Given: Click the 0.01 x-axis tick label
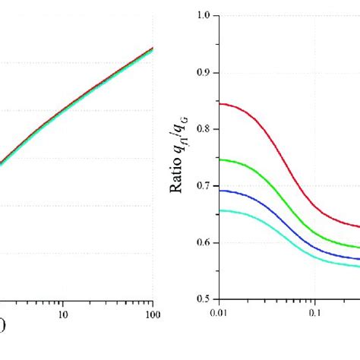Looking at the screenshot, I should click(x=219, y=312).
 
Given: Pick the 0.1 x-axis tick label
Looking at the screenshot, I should click(x=314, y=312).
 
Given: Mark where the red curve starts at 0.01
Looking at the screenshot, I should click(x=220, y=103).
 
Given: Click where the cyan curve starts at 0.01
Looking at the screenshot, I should click(x=220, y=210).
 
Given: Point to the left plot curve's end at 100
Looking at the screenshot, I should click(x=153, y=49).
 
